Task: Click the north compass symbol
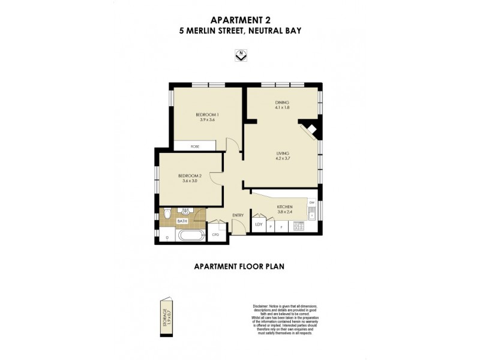pyautogui.click(x=241, y=55)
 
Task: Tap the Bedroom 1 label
pyautogui.click(x=208, y=115)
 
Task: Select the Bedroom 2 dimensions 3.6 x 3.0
pyautogui.click(x=190, y=181)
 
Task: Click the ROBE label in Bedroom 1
pyautogui.click(x=195, y=146)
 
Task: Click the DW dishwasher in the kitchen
pyautogui.click(x=311, y=202)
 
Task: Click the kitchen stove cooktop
pyautogui.click(x=298, y=227)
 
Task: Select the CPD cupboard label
pyautogui.click(x=216, y=235)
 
